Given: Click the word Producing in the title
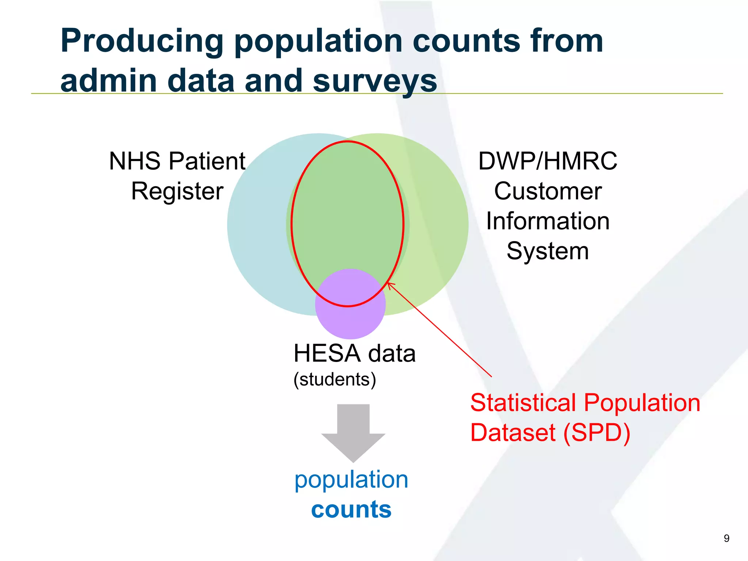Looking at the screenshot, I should (142, 41).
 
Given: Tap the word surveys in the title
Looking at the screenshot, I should (375, 81).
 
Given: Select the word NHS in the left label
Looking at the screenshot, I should (134, 161).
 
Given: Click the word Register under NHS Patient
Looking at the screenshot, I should (177, 191).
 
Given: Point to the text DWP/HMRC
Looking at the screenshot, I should (547, 161).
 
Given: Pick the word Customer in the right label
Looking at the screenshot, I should (547, 191).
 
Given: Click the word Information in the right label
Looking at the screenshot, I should (547, 221).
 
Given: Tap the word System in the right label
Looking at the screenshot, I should (547, 251).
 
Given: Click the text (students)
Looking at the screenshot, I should (335, 379).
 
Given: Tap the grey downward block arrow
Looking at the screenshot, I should (353, 431).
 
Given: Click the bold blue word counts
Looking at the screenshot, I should (351, 510).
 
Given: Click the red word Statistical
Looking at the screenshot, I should (523, 403).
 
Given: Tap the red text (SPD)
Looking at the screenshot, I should (597, 433).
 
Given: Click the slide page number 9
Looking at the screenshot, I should (726, 538).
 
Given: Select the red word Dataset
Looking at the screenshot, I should (513, 433).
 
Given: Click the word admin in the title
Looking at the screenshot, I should (109, 81).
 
